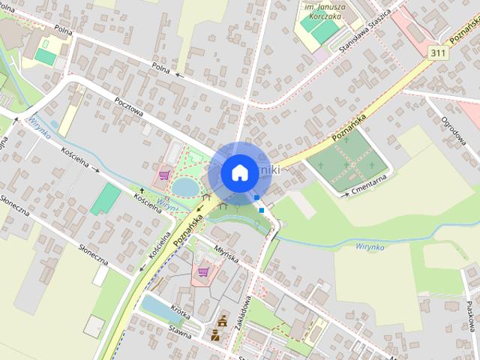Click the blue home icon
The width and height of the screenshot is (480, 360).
tap(238, 172)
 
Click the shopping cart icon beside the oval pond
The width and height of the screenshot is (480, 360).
tap(164, 175)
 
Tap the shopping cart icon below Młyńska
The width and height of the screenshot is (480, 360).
tap(202, 271)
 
